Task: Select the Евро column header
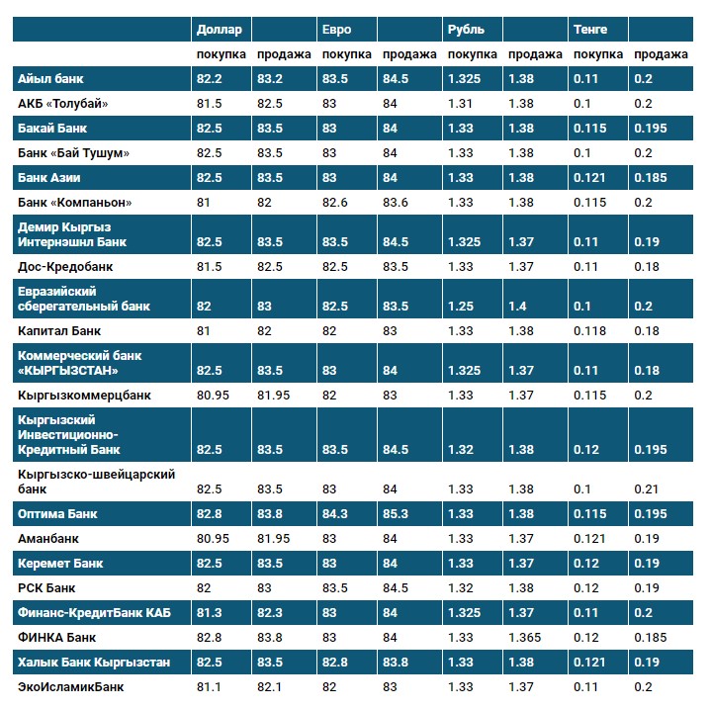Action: pos(337,31)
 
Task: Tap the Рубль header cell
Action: pos(467,31)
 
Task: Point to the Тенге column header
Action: pos(590,31)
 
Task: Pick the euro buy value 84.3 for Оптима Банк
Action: pos(336,514)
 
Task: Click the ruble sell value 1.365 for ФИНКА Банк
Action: pos(525,637)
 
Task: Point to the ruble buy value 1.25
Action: pos(461,307)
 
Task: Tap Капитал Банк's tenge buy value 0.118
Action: pos(590,331)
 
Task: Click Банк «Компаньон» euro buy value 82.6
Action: pos(336,203)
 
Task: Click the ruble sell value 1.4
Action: pos(516,307)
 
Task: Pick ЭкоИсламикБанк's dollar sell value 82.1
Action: pos(270,686)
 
